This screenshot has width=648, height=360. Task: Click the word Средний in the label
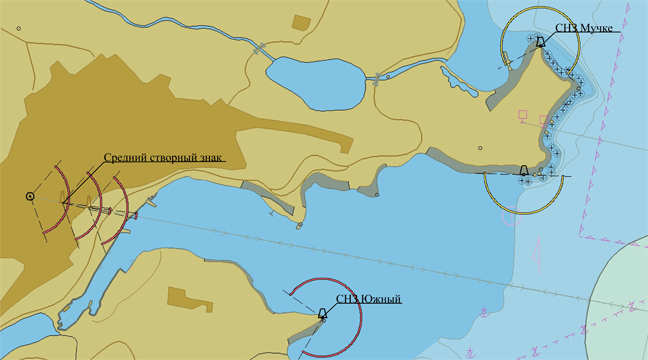click(126, 158)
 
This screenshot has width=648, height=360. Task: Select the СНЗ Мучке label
click(584, 28)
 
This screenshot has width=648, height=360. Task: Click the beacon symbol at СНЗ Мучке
click(540, 42)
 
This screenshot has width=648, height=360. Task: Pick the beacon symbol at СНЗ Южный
click(322, 314)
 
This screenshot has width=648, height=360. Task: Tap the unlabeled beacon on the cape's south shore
click(523, 171)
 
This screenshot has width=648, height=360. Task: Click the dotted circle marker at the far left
click(30, 196)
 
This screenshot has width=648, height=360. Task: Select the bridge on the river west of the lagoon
click(260, 47)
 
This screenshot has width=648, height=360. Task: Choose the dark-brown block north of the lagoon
click(300, 22)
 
